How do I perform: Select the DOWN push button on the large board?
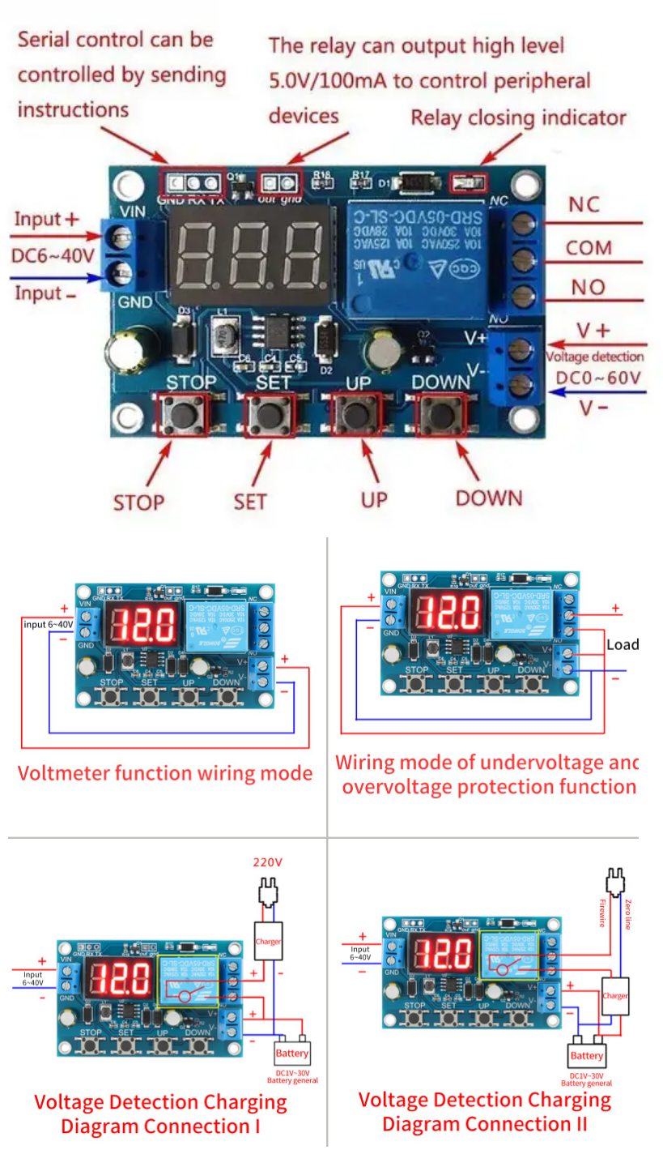pos(441,416)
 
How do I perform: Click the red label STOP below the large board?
pos(138,502)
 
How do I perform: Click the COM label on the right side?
pos(589,247)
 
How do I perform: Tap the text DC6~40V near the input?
pos(53,255)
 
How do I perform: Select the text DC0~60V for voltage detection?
pos(598,378)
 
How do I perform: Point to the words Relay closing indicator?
pos(518,118)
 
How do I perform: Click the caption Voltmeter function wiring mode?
pos(165,772)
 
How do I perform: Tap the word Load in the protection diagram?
pos(623,645)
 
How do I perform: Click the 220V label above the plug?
pos(268,862)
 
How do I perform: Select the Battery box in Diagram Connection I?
pos(291,1054)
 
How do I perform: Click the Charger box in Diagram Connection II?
pos(615,996)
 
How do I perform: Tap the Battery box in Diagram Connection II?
pos(587,1055)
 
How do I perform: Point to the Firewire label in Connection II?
pos(602,913)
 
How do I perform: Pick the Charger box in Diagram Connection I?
pos(268,942)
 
